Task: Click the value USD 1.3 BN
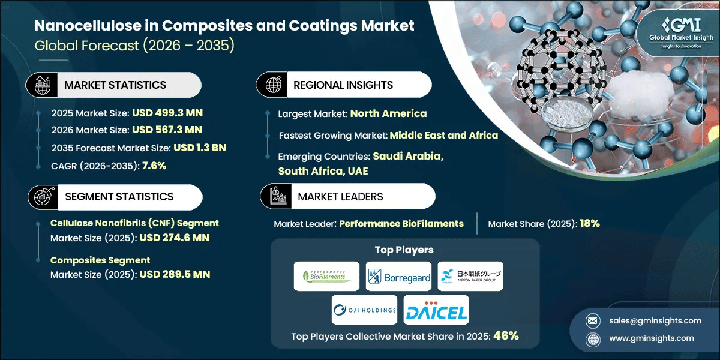coord(200,148)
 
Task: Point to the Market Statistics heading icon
coord(41,85)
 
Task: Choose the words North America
coord(388,113)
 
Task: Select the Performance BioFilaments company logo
coord(327,276)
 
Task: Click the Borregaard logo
coord(398,276)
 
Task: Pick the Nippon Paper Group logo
coord(470,276)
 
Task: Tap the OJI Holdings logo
coord(364,310)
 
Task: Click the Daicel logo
coord(436,310)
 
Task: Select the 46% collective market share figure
coord(506,336)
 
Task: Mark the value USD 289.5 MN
coord(175,274)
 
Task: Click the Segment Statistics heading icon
coord(41,197)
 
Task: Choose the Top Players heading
coord(404,250)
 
